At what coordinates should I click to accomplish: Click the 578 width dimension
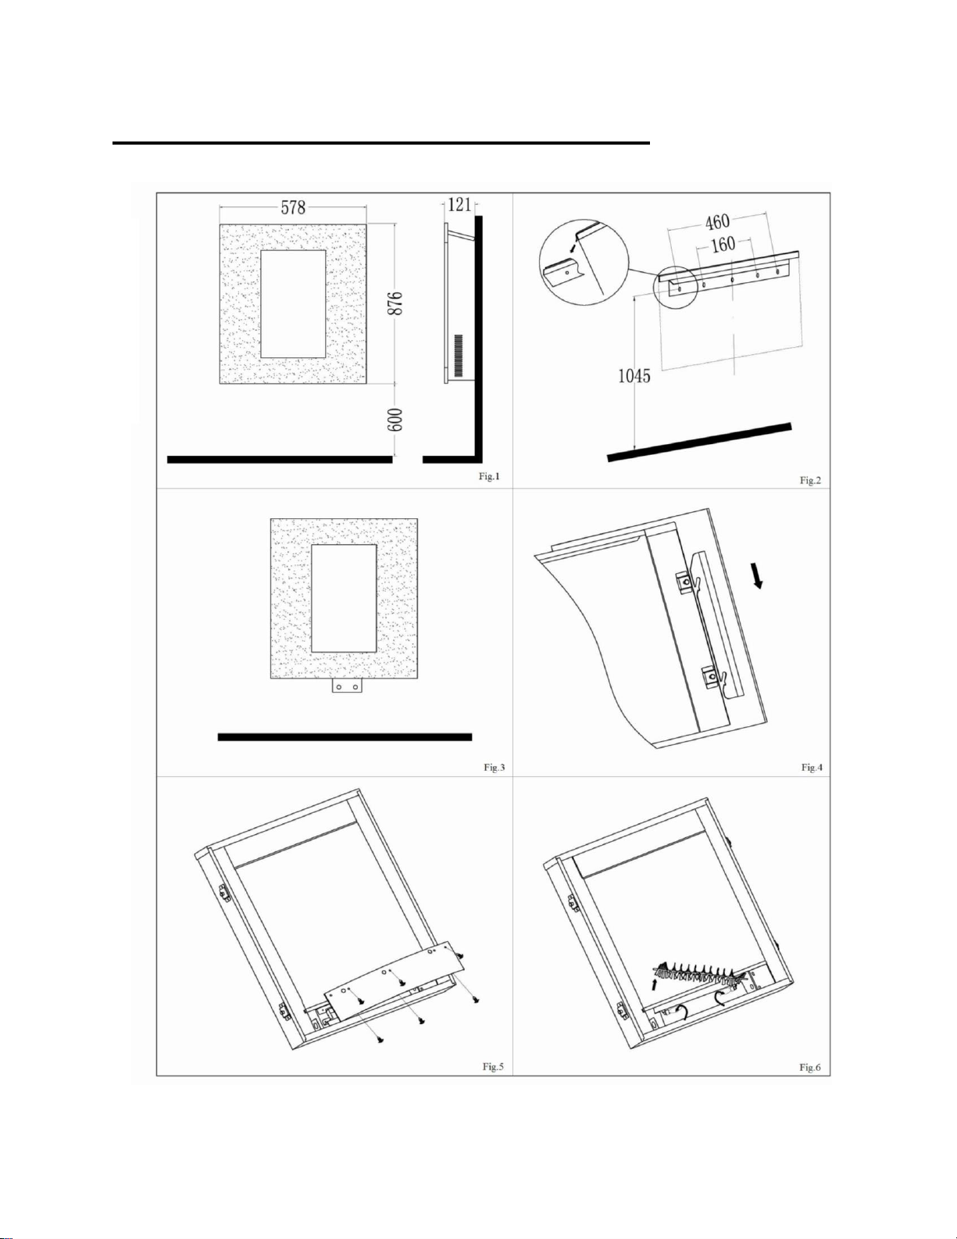click(x=294, y=207)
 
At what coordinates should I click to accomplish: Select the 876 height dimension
click(x=398, y=303)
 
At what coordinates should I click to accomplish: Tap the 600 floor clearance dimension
click(x=398, y=420)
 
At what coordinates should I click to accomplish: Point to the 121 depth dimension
click(x=460, y=203)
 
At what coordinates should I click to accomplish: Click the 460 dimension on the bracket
click(x=716, y=221)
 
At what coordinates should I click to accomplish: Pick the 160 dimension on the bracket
click(x=723, y=245)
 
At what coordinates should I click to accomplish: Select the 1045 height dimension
click(x=634, y=376)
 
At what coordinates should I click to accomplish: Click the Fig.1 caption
click(x=489, y=476)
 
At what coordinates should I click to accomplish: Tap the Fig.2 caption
click(x=810, y=481)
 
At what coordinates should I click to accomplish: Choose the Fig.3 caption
click(x=494, y=768)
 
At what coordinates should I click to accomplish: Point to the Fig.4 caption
click(x=812, y=768)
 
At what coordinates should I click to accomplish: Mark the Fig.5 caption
click(x=493, y=1066)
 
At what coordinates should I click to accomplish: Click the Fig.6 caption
click(x=810, y=1067)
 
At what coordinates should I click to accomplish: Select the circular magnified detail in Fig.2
click(x=584, y=264)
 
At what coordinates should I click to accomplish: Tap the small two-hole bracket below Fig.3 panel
click(x=347, y=686)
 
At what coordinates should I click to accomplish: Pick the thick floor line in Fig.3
click(x=345, y=737)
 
